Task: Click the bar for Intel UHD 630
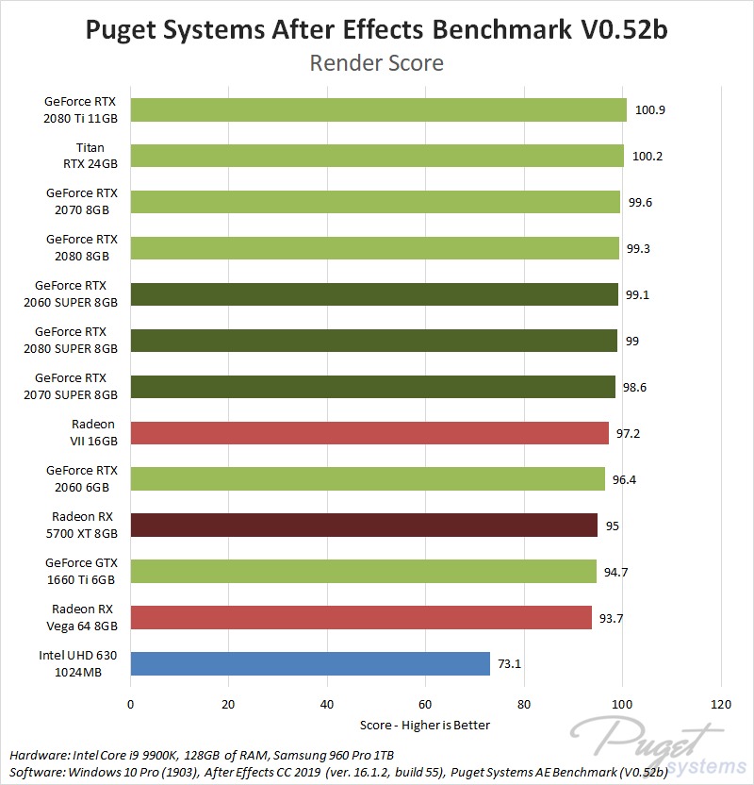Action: (310, 663)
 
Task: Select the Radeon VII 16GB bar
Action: (369, 433)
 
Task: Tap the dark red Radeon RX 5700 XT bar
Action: (364, 525)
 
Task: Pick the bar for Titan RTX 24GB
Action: (377, 156)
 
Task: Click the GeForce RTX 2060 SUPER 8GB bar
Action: (374, 294)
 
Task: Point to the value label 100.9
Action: (650, 110)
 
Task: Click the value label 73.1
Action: (510, 664)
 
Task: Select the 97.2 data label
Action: (630, 433)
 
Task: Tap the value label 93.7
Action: (612, 618)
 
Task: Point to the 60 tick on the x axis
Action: (425, 704)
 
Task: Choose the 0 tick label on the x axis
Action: (130, 704)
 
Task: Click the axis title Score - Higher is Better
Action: (425, 725)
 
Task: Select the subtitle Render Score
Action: (376, 64)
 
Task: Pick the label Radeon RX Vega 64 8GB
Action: (82, 618)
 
